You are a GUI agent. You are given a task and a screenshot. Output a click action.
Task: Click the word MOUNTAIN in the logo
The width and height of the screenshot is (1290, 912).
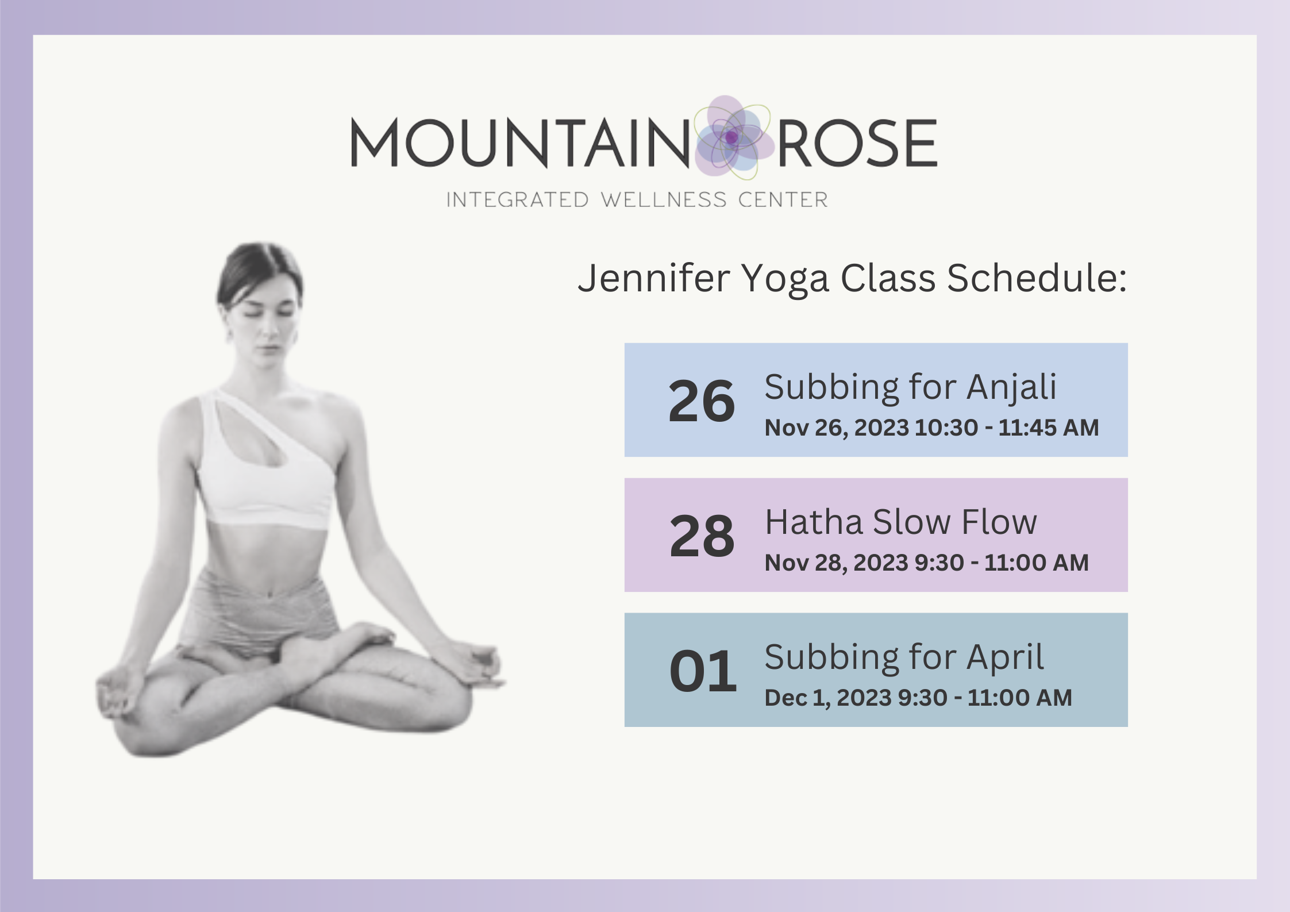click(520, 143)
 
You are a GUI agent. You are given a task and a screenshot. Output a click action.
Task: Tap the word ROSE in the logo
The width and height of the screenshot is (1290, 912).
click(857, 143)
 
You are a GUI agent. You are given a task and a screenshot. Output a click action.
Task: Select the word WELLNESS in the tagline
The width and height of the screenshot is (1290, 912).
click(664, 200)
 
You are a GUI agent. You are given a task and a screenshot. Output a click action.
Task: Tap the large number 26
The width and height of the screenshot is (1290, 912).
click(702, 401)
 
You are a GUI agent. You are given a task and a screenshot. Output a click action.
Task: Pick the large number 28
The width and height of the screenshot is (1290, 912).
click(702, 536)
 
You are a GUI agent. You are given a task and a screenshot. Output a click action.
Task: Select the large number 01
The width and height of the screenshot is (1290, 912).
click(703, 671)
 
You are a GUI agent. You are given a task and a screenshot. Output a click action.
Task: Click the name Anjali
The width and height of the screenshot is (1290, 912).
click(1011, 387)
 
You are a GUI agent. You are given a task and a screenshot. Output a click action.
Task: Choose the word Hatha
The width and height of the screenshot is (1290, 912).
click(814, 522)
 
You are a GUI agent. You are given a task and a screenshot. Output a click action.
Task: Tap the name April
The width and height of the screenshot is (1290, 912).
click(1005, 658)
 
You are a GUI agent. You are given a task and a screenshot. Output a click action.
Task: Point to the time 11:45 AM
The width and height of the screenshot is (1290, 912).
click(1048, 428)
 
